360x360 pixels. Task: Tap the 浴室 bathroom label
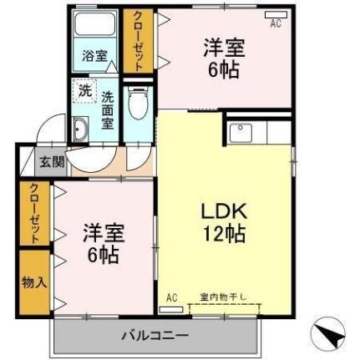point(94,57)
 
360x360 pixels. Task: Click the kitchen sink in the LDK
point(241,133)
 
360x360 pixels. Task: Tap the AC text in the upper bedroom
point(275,24)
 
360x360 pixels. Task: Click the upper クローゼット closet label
point(137,40)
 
